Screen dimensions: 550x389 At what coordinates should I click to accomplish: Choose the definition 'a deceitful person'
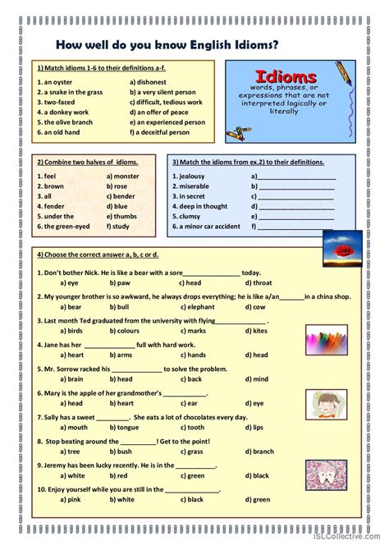point(166,131)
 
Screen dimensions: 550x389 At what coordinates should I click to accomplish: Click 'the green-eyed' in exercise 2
point(65,225)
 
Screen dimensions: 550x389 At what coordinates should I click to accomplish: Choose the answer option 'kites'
point(259,331)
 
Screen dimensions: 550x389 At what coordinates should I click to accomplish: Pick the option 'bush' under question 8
point(124,451)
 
